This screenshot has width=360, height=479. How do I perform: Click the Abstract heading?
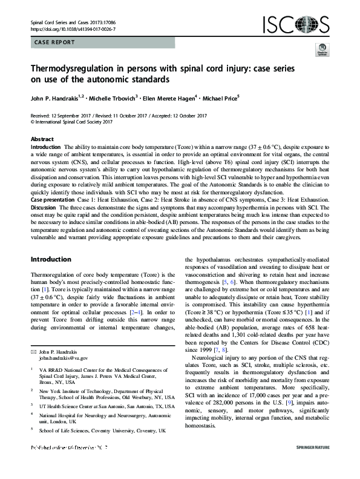(42, 139)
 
